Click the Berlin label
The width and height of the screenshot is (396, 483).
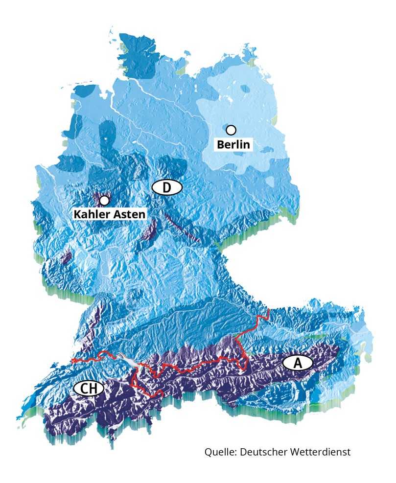coord(233,144)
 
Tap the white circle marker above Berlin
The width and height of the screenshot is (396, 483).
coord(231,130)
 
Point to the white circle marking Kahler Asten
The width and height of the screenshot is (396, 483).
coord(104,200)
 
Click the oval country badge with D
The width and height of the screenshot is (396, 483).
coord(167,187)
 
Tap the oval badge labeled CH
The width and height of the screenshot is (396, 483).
coord(89,389)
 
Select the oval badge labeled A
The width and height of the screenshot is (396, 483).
coord(297,363)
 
